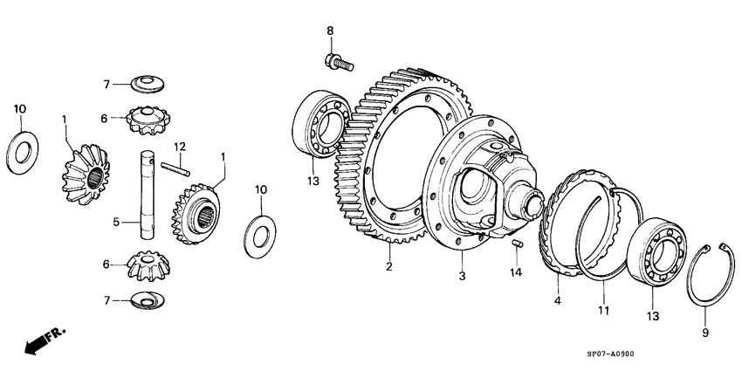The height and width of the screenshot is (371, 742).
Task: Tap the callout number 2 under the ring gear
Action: pyautogui.click(x=389, y=267)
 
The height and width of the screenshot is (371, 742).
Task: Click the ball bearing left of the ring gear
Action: pyautogui.click(x=322, y=123)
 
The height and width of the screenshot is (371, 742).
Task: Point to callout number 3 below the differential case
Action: pyautogui.click(x=464, y=277)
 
